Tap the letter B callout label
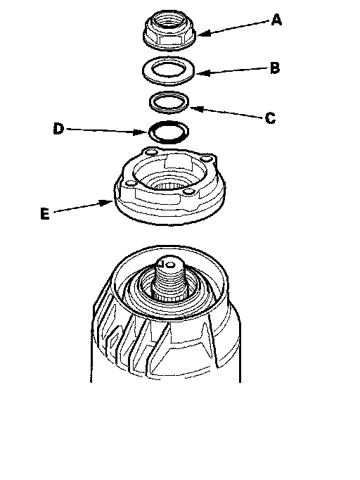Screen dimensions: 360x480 [x=275, y=68]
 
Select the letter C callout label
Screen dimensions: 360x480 [x=270, y=118]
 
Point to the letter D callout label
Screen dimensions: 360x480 [x=58, y=129]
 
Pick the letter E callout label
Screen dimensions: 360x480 [x=45, y=213]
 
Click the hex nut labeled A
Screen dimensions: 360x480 [x=169, y=29]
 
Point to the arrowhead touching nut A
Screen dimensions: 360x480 [x=202, y=33]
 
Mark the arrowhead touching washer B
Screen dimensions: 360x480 [x=202, y=73]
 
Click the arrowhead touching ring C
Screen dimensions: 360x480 [x=195, y=108]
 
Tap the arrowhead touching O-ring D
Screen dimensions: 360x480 [x=142, y=132]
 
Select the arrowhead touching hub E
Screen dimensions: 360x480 [x=106, y=203]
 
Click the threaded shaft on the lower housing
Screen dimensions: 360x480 [x=170, y=279]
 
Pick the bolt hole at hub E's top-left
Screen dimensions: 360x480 [x=150, y=152]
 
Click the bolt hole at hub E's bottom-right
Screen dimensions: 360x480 [x=188, y=192]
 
